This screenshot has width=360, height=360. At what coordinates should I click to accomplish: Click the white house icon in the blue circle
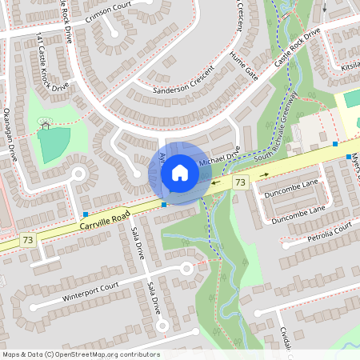[x=179, y=172]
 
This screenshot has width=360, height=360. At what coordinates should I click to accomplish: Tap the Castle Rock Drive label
[x=296, y=50]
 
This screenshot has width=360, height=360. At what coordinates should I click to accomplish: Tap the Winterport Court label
[x=90, y=291]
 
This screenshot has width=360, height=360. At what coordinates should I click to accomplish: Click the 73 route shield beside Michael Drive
[x=239, y=183]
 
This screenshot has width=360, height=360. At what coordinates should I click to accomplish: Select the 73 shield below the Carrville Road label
[x=29, y=239]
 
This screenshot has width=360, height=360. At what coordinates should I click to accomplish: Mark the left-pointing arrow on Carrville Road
[x=217, y=183]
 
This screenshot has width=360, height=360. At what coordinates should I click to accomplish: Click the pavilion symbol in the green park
[x=45, y=123]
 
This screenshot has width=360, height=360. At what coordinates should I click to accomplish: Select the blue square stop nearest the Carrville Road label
[x=86, y=214]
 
